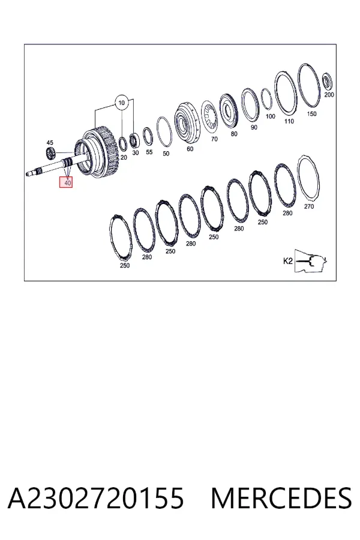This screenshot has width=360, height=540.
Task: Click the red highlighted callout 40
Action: (66, 182)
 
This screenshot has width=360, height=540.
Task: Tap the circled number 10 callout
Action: (121, 103)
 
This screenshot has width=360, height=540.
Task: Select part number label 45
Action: (50, 143)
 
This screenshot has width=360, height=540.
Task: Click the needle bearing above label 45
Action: (51, 153)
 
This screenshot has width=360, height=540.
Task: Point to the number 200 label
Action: (329, 95)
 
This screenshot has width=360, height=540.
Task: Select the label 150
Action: (311, 114)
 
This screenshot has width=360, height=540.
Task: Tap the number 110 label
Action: (289, 121)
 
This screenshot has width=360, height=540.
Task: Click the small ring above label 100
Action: (266, 99)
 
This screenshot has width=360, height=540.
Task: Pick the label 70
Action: (214, 139)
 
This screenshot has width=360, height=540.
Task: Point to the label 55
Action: (149, 152)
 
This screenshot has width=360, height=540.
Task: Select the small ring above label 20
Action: (123, 144)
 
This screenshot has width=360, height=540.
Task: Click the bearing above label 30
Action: (134, 140)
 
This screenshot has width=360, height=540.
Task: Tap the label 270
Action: (309, 206)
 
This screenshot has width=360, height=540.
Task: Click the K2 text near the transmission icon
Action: (287, 261)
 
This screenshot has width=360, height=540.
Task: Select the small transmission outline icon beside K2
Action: (311, 261)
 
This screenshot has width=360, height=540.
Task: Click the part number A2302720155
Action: (96, 498)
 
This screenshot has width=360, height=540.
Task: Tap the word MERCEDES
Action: (281, 498)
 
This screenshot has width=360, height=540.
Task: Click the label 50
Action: (166, 154)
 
